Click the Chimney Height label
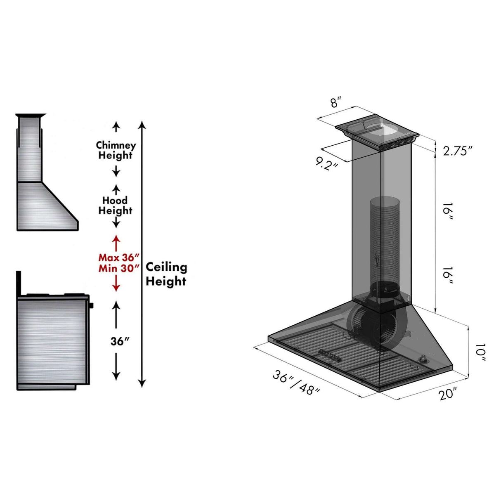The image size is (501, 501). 116,151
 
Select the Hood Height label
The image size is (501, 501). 115,206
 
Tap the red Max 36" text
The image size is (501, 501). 117,258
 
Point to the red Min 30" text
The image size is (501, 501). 117,268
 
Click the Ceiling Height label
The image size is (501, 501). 166,274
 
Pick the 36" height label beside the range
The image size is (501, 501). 120,342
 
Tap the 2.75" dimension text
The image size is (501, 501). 457,151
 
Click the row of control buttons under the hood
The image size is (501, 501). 328,354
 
